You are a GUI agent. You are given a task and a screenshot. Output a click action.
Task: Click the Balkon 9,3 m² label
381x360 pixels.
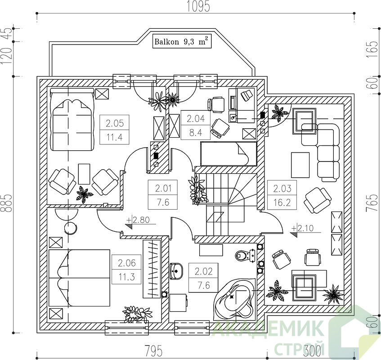(x=182, y=41)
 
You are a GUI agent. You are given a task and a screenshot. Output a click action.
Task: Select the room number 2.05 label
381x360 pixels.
(x=115, y=123)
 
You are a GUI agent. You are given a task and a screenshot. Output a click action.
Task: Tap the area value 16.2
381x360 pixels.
(x=282, y=202)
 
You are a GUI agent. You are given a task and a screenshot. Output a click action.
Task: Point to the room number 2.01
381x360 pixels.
(x=163, y=188)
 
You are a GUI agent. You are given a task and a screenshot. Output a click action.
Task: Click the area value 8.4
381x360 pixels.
(x=196, y=133)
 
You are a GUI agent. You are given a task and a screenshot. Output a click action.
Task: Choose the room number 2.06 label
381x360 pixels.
(x=126, y=263)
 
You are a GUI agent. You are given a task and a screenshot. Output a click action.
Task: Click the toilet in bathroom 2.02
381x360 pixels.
(x=245, y=256)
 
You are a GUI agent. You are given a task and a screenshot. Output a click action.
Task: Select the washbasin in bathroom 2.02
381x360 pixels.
(x=176, y=270)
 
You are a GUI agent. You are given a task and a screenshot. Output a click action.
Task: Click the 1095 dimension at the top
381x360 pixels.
(x=199, y=7)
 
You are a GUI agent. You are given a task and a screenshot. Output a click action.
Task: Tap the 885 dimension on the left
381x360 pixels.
(x=7, y=203)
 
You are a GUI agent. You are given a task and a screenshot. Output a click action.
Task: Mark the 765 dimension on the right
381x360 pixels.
(x=372, y=203)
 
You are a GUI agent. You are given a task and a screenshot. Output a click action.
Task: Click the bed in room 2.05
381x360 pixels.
(x=72, y=119)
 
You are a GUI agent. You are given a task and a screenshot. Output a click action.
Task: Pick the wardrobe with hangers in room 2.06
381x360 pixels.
(x=152, y=269)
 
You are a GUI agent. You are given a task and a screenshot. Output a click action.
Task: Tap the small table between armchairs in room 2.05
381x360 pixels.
(x=84, y=174)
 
